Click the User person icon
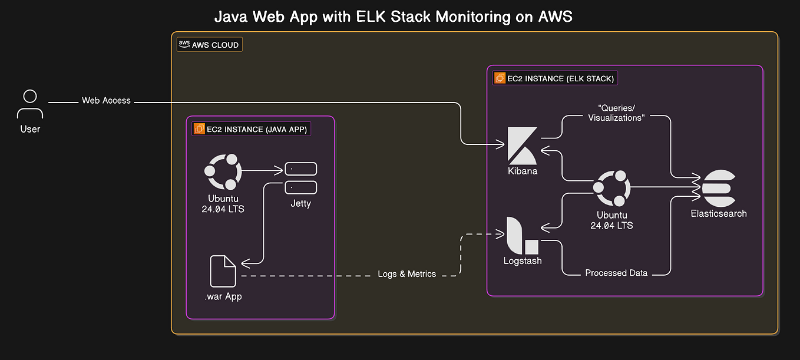pyautogui.click(x=30, y=104)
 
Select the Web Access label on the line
pyautogui.click(x=106, y=101)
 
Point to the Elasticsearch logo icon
pyautogui.click(x=718, y=187)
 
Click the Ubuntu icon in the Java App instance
pyautogui.click(x=223, y=171)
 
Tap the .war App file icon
pyautogui.click(x=223, y=271)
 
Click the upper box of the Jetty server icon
pyautogui.click(x=300, y=169)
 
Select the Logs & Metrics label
pyautogui.click(x=407, y=274)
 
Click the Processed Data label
pyautogui.click(x=616, y=273)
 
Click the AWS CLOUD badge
pyautogui.click(x=209, y=45)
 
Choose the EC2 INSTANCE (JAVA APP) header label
pyautogui.click(x=252, y=129)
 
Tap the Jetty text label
pyautogui.click(x=300, y=204)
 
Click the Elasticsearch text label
pyautogui.click(x=719, y=214)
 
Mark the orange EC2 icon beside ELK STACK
pyautogui.click(x=500, y=78)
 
